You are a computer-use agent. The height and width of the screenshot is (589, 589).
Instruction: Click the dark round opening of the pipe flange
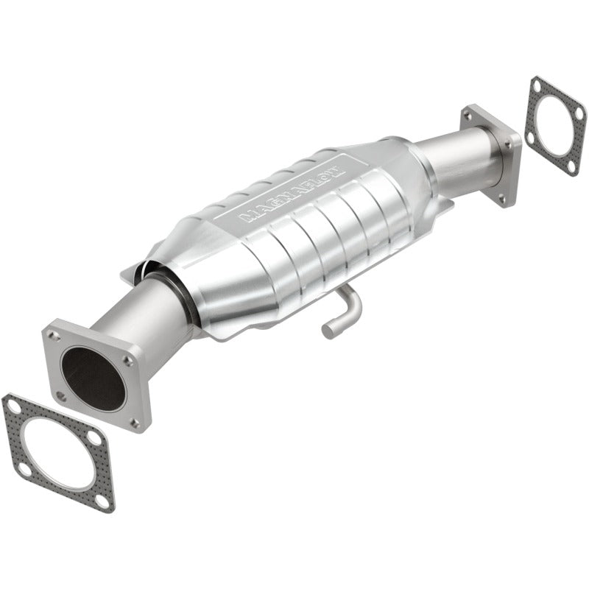(93, 378)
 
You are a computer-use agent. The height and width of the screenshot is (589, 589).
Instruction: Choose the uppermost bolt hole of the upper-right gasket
(537, 85)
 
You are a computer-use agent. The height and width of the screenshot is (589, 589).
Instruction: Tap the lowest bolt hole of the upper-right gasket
(570, 167)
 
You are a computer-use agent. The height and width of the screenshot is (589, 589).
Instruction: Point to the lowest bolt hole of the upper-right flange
(503, 197)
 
